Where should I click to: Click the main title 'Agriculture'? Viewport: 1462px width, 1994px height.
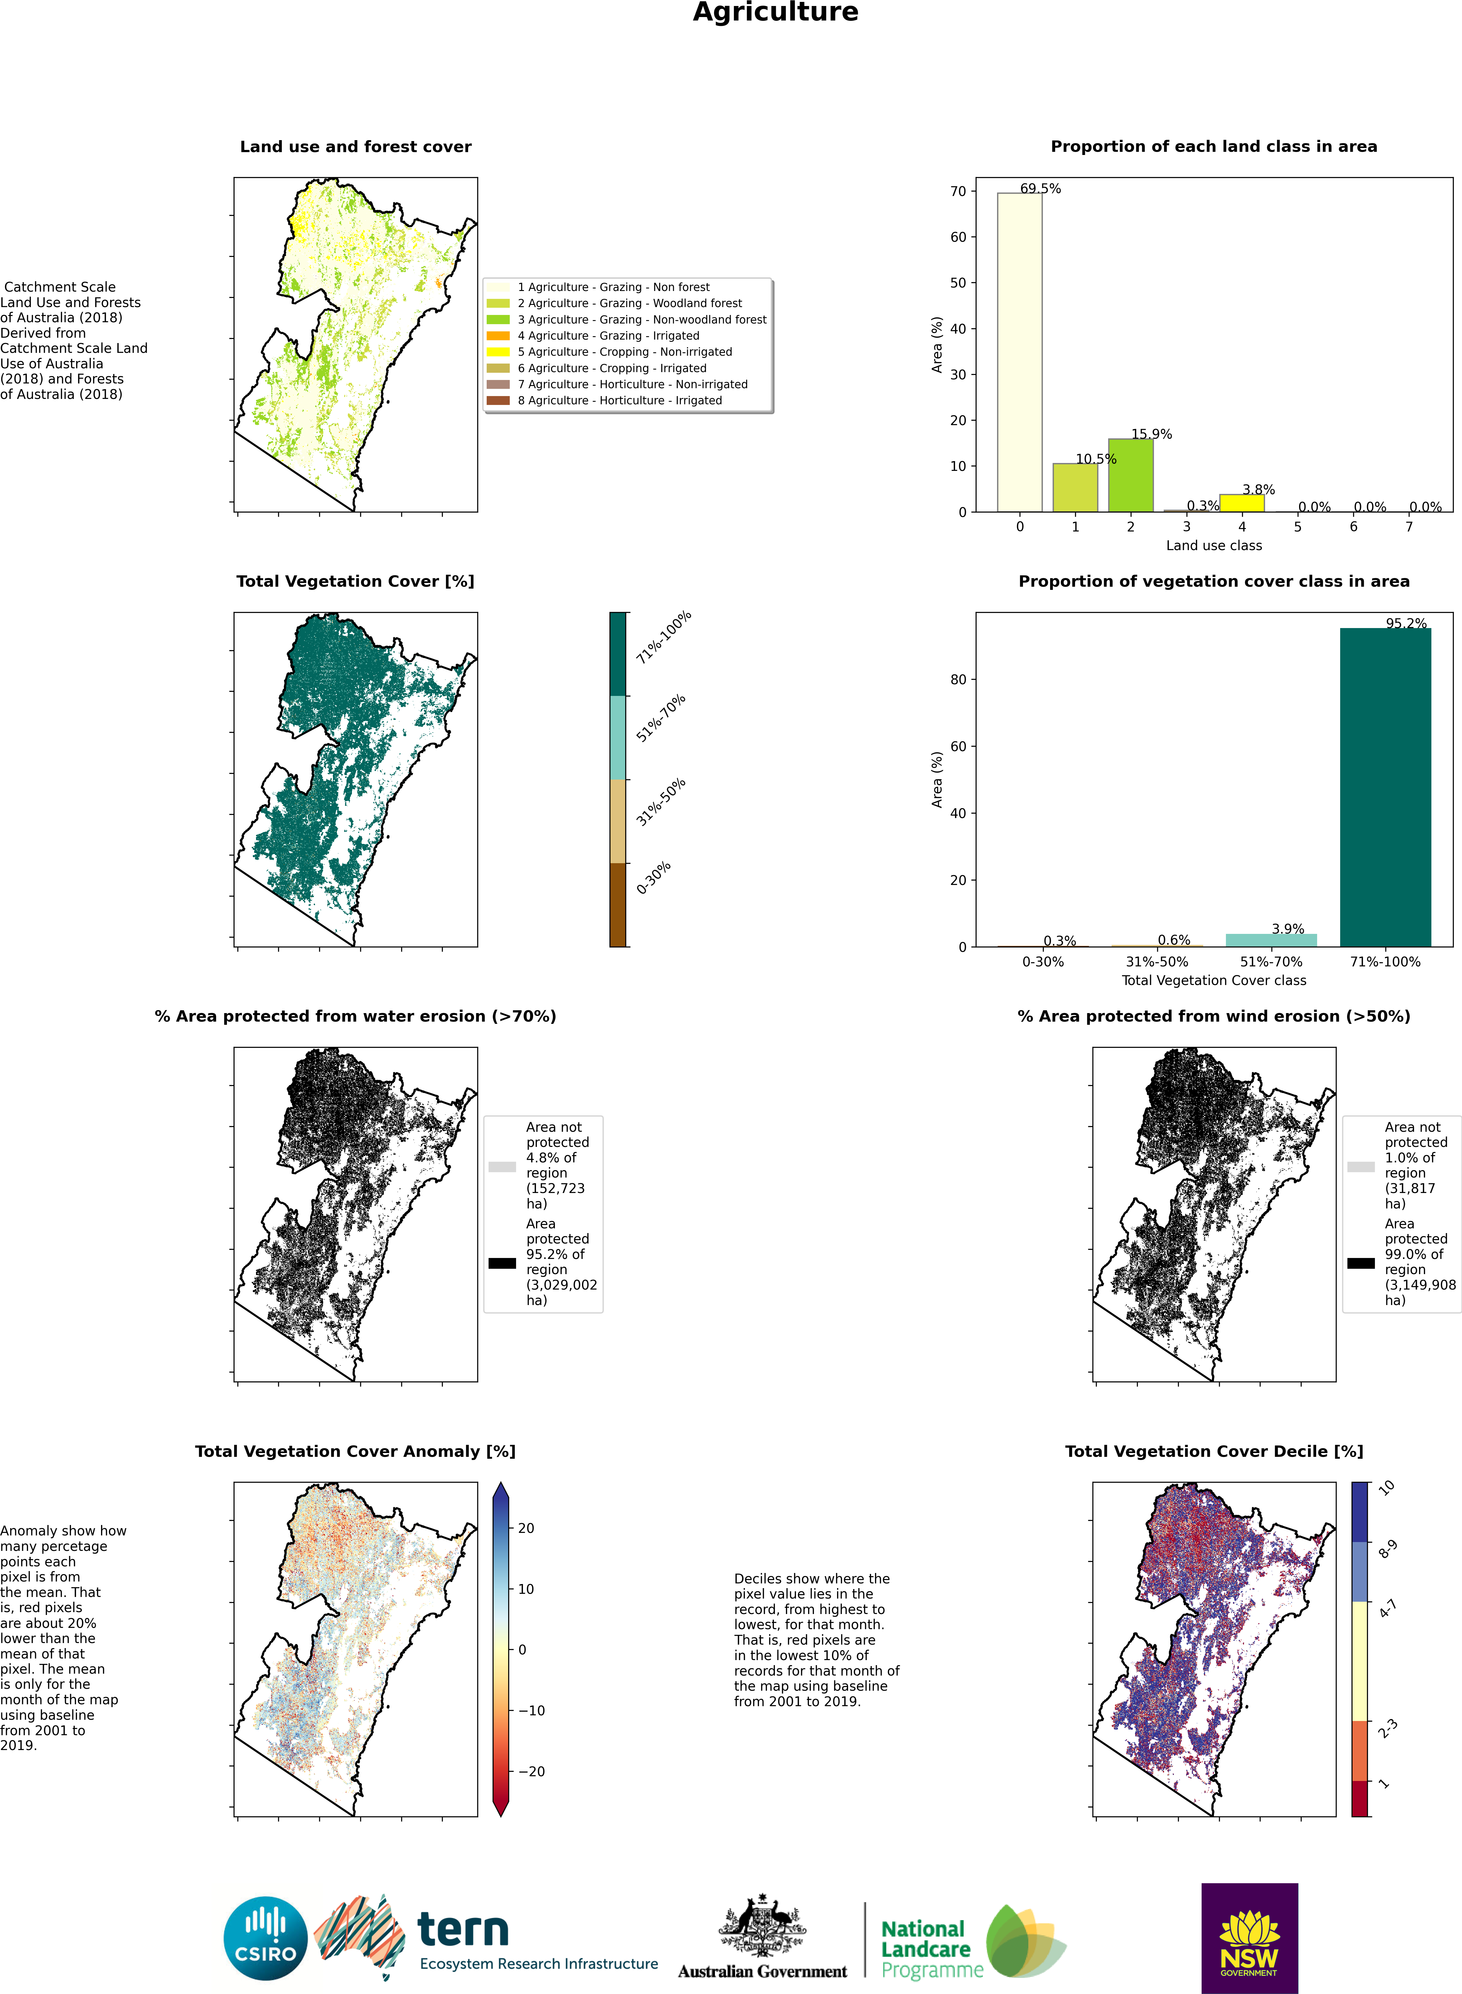[x=775, y=12]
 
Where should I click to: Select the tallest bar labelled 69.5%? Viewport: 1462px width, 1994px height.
[x=1019, y=352]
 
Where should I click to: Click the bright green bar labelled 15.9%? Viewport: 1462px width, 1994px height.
[x=1130, y=475]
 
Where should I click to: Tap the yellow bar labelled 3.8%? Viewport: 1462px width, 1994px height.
[x=1242, y=503]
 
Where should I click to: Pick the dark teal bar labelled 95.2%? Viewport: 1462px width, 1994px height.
[x=1385, y=788]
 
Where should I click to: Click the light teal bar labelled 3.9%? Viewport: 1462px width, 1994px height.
[x=1271, y=940]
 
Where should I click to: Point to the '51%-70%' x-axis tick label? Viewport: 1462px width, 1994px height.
[x=1271, y=962]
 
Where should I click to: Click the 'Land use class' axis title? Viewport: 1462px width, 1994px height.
[x=1213, y=545]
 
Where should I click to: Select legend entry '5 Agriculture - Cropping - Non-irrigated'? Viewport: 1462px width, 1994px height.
[x=625, y=351]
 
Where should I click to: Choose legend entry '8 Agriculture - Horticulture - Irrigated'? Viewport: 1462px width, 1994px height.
[x=620, y=400]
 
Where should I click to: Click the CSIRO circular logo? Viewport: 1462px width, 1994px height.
[x=265, y=1938]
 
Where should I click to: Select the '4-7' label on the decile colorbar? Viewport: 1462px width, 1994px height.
[x=1388, y=1608]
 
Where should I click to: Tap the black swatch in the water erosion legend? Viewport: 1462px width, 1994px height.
[x=502, y=1263]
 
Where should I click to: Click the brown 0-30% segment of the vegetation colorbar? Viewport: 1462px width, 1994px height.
[x=618, y=905]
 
